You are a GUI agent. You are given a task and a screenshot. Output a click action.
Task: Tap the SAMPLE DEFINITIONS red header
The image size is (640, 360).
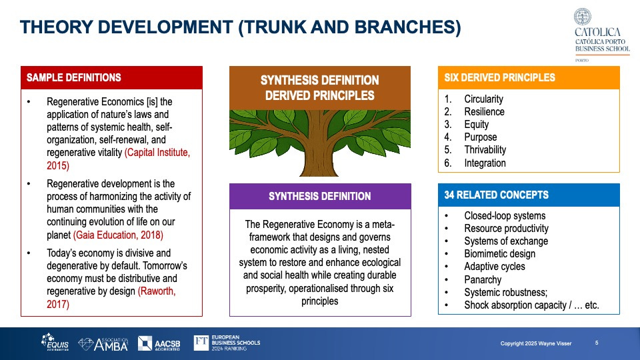coord(111,77)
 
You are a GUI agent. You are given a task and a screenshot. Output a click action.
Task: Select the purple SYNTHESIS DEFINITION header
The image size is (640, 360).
coord(320,196)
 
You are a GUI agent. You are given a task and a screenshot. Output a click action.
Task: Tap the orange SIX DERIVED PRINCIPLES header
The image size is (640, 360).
coord(528,77)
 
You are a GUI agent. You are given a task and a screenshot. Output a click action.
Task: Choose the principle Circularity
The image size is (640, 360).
coord(483,99)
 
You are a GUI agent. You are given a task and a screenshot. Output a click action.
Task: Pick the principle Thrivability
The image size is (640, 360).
coord(485,150)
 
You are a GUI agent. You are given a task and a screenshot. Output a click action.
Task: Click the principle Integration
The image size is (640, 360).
coord(485,163)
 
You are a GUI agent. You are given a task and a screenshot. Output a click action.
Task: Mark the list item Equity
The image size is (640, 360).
coord(476,125)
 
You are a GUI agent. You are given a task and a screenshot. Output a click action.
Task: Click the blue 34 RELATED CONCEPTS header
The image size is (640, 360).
coord(528,195)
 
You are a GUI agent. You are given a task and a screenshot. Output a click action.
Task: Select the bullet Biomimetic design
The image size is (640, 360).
coord(499,253)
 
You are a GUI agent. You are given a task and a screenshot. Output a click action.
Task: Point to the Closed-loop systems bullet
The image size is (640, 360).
coord(505,215)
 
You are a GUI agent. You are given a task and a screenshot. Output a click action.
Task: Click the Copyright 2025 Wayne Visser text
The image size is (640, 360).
coord(537,343)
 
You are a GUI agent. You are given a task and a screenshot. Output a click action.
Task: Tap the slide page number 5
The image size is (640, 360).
coord(596,343)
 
